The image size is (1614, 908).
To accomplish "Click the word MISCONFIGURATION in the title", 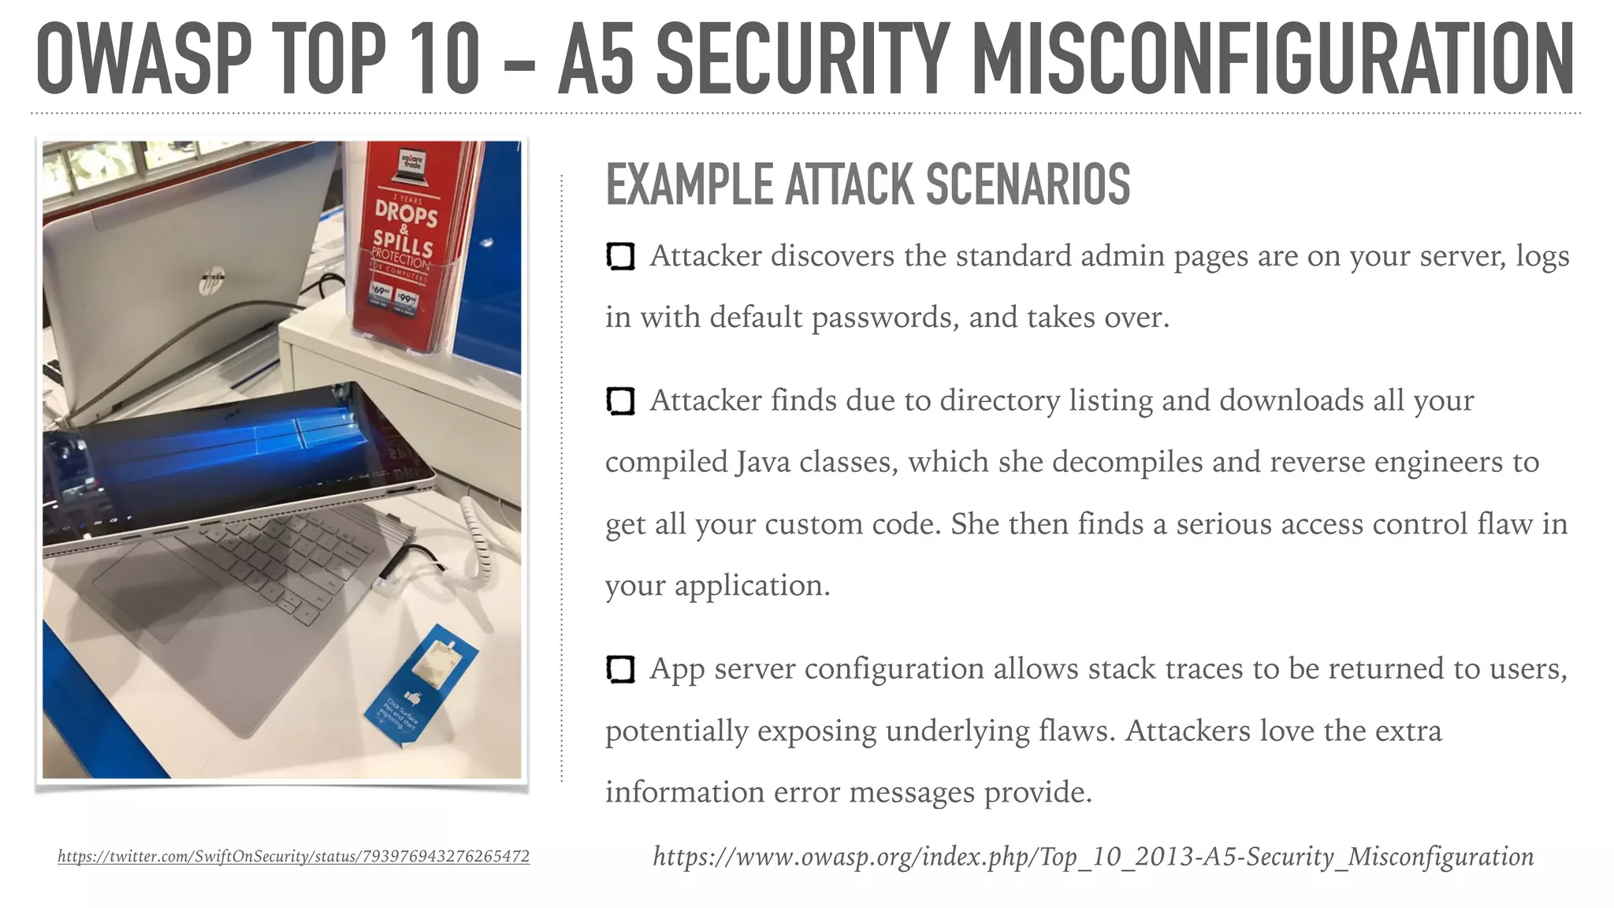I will [1272, 59].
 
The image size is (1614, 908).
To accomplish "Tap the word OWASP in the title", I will [143, 59].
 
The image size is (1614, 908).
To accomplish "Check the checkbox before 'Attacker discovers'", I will [620, 256].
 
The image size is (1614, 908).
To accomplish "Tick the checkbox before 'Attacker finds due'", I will [620, 401].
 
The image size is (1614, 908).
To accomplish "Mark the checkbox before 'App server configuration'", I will [620, 669].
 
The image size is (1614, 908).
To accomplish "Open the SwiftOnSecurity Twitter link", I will [293, 856].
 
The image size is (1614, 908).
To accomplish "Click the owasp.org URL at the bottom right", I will [1093, 856].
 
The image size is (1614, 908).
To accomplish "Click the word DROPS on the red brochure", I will [406, 213].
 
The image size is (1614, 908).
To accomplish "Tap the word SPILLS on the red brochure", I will [403, 241].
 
